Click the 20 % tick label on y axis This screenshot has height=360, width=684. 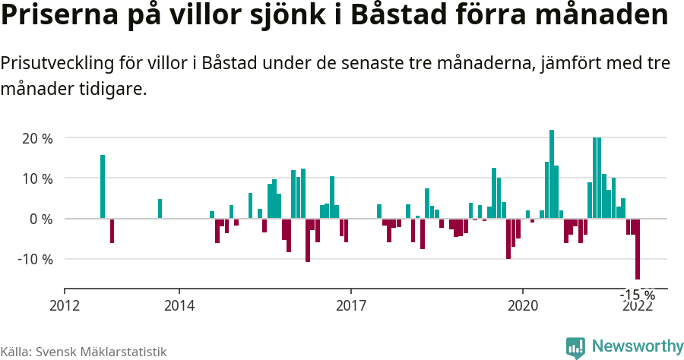point(37,138)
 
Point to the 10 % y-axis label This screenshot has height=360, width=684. point(37,178)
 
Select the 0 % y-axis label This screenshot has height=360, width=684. point(41,219)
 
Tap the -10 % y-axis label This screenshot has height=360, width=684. point(35,259)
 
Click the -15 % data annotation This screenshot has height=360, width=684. point(638,295)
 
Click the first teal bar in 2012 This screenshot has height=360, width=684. point(103,187)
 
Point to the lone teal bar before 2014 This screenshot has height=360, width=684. point(160,209)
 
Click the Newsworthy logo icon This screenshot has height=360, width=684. point(575,348)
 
